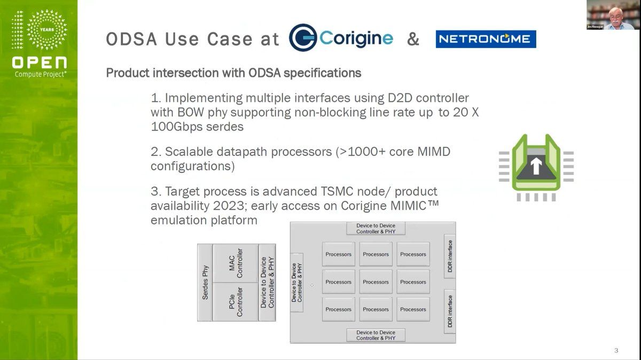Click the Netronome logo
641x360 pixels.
[486, 39]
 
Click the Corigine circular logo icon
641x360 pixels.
[303, 37]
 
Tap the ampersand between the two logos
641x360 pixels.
[413, 39]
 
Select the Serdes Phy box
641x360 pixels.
[205, 283]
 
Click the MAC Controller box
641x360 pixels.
[236, 263]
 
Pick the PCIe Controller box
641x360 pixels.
[236, 302]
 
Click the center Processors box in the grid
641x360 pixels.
[376, 282]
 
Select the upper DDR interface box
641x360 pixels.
[450, 256]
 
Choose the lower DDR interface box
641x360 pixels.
[450, 311]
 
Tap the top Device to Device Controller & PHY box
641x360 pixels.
[376, 229]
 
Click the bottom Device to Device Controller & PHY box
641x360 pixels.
[376, 335]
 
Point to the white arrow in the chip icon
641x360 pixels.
[536, 166]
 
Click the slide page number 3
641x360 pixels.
[616, 350]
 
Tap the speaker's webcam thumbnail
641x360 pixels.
[613, 15]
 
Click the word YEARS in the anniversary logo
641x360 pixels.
[47, 29]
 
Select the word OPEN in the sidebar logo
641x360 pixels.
[39, 62]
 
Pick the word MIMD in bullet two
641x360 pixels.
[434, 152]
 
